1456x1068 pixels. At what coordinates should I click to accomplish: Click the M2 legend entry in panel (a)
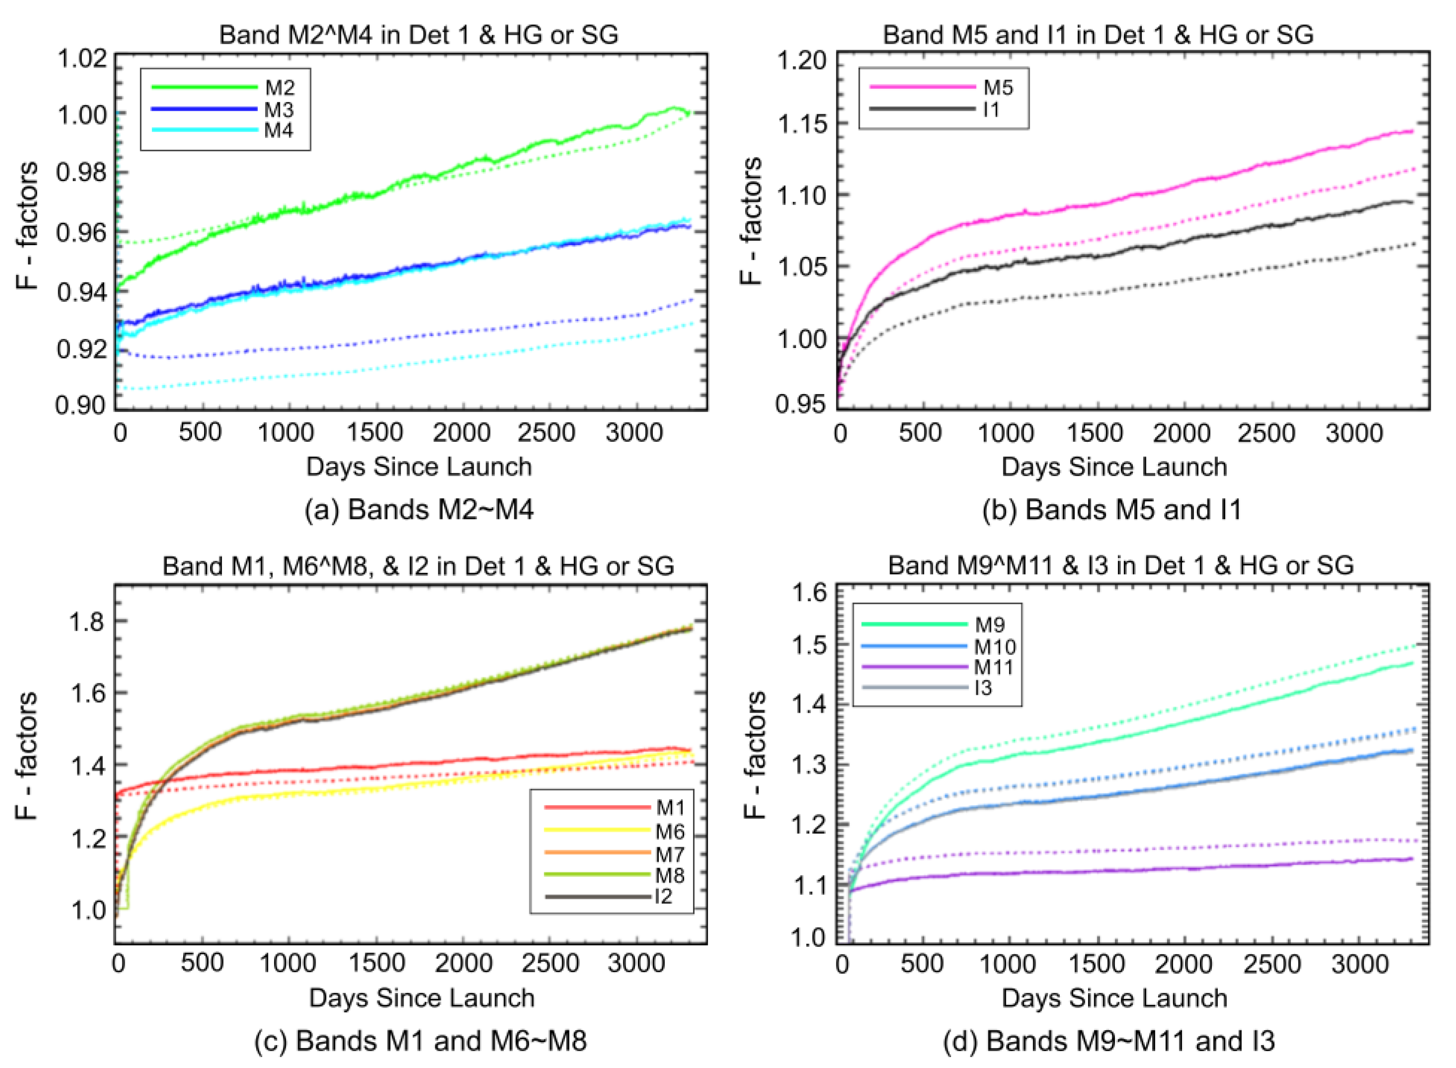point(279,87)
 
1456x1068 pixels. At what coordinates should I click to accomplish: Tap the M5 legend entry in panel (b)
point(998,88)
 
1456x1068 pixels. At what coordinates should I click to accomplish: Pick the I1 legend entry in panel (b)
point(991,109)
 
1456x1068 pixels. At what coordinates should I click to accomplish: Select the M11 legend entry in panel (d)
point(994,667)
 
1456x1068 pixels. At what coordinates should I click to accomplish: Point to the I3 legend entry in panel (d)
point(983,687)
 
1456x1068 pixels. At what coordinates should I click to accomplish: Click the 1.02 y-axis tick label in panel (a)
point(82,59)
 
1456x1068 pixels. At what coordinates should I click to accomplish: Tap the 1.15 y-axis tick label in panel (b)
point(802,124)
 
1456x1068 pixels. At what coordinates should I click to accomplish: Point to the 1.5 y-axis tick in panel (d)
point(810,645)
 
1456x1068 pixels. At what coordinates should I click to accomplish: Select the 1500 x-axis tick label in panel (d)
point(1097,965)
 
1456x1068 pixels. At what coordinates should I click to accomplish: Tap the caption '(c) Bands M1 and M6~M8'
point(420,1041)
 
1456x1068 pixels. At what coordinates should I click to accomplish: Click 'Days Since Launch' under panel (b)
point(1114,467)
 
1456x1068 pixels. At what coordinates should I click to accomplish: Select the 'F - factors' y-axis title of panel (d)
point(755,755)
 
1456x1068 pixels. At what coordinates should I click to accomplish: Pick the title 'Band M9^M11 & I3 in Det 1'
point(1120,566)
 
